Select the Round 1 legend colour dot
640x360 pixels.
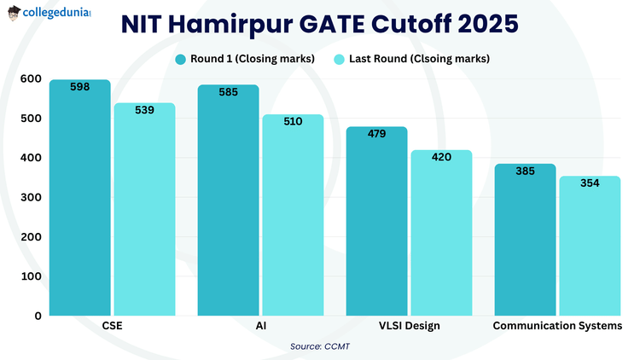click(180, 59)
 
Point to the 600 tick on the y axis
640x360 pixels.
click(31, 78)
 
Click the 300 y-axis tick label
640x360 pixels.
click(31, 197)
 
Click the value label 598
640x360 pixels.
click(79, 87)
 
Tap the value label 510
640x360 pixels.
click(293, 121)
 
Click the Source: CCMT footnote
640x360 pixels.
click(319, 346)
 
